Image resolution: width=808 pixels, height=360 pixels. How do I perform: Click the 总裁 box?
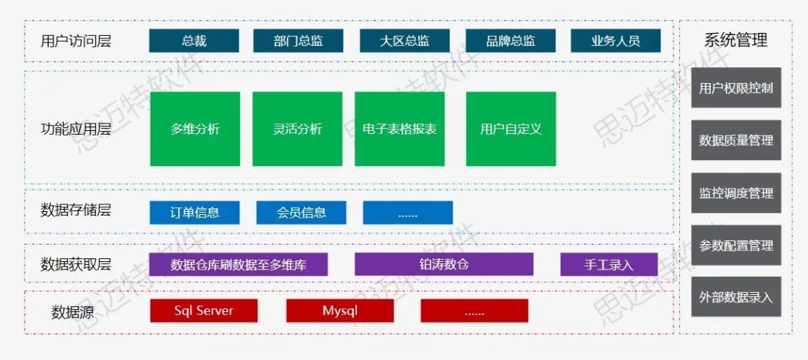194,41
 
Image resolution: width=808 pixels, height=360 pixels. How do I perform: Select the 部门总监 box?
298,41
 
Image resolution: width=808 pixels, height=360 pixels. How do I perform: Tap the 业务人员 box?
616,41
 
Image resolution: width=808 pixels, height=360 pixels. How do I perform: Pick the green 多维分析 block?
195,129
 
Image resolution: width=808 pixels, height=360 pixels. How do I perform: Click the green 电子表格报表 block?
400,129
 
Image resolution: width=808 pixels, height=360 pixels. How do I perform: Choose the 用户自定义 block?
510,129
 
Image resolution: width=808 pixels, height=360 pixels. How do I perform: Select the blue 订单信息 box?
195,213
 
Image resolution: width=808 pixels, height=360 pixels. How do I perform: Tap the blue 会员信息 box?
301,213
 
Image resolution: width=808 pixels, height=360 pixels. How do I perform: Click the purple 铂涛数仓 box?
444,264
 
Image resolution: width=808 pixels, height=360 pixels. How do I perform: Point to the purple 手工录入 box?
608,264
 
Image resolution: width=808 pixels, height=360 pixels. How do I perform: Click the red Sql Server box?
203,311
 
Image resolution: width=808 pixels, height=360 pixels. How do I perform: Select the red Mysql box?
340,311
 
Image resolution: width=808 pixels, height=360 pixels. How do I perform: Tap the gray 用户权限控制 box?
735,88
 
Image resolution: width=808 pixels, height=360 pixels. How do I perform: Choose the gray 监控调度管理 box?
735,193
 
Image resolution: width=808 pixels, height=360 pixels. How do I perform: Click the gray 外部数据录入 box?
735,297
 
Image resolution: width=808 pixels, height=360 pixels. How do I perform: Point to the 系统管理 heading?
735,40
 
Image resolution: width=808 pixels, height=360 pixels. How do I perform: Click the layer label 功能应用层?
76,129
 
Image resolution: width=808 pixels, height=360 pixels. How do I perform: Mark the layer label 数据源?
73,312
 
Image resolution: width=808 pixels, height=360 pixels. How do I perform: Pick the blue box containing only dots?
408,213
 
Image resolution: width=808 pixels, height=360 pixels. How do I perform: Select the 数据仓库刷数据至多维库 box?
238,264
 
